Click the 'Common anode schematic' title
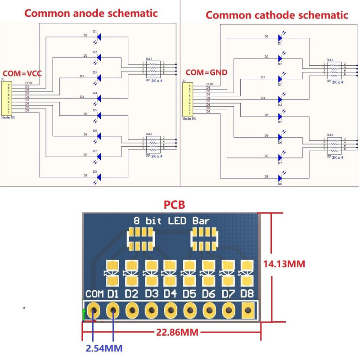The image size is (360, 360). [91, 13]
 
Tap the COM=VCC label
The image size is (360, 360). [22, 73]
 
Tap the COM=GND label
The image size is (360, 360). [207, 72]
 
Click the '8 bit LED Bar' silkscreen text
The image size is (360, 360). [171, 221]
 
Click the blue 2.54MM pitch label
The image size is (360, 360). [104, 348]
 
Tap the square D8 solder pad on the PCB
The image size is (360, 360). [247, 310]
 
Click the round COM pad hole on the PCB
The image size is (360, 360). [94, 310]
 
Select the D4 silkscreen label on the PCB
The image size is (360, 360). [170, 294]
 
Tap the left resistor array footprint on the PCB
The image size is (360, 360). [140, 239]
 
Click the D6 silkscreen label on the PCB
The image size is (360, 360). [208, 294]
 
